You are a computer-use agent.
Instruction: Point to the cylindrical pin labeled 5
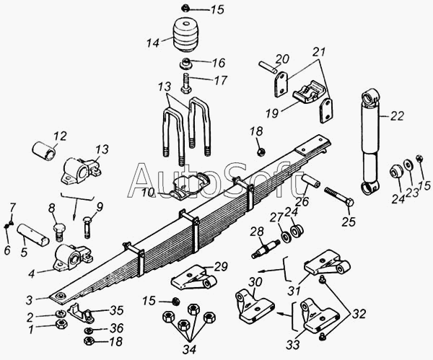point(33,234)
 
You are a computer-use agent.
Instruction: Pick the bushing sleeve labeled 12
point(44,151)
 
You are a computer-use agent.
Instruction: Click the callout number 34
point(189,349)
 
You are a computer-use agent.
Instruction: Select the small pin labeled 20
point(268,68)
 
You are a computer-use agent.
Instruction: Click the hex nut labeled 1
point(61,324)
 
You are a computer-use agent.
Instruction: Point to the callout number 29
point(221,267)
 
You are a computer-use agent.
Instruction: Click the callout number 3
point(30,300)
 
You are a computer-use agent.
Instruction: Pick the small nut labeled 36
point(89,330)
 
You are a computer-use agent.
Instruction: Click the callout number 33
point(293,345)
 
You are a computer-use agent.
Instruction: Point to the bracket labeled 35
point(82,312)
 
